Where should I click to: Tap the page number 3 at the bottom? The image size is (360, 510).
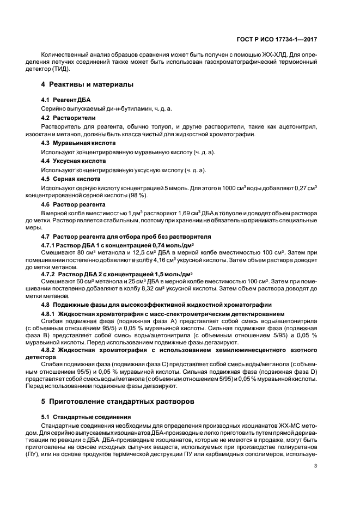316,465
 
